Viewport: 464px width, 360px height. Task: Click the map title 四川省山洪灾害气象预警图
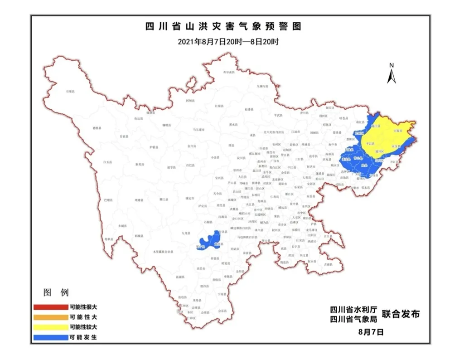pyautogui.click(x=223, y=26)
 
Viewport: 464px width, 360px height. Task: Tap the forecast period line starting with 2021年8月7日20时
pyautogui.click(x=228, y=42)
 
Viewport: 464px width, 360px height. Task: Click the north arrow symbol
pyautogui.click(x=391, y=74)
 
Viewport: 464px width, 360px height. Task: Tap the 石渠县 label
pyautogui.click(x=70, y=92)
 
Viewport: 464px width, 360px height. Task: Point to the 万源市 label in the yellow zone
pyautogui.click(x=398, y=130)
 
